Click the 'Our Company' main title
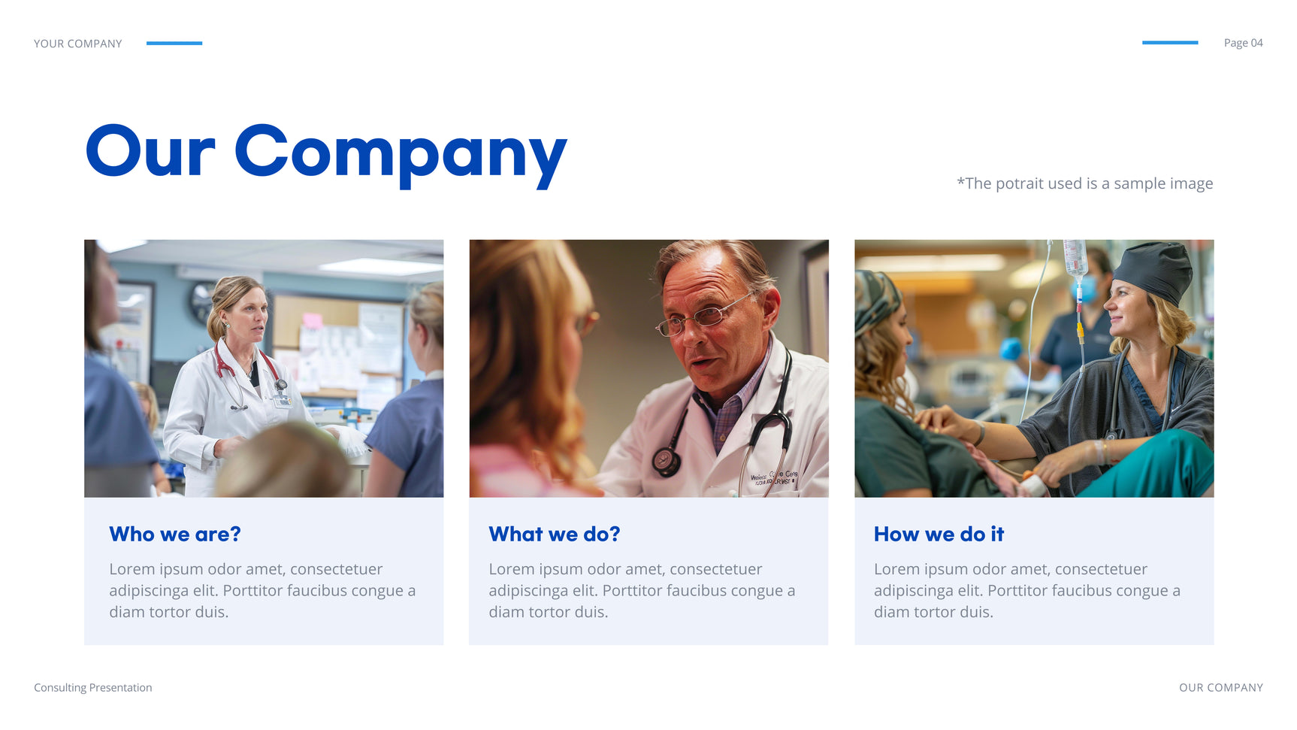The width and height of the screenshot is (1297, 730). pos(326,153)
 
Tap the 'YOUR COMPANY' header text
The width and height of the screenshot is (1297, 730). pos(78,44)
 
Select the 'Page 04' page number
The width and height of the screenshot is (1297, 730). pos(1243,43)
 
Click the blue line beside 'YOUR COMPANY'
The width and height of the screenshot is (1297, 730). pos(174,43)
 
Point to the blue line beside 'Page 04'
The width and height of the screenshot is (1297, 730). pos(1170,43)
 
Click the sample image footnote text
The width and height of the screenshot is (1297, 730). pos(1084,183)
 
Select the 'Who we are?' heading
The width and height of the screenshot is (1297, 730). pos(175,534)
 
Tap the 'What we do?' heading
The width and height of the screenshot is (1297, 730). pos(555,534)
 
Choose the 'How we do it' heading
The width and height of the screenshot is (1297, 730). pos(939,534)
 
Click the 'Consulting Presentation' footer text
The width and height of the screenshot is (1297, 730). pos(93,687)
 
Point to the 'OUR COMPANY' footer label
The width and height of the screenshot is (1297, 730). pos(1221,687)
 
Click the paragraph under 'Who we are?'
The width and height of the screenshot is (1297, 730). pos(262,590)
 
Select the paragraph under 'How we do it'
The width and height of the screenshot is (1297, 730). pos(1026,590)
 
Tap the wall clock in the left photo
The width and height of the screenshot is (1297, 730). pos(201,301)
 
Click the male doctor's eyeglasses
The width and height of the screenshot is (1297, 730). pos(705,314)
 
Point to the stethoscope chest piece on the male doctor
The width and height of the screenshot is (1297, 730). pos(664,460)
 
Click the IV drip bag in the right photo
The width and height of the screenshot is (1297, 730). pos(1075,258)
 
